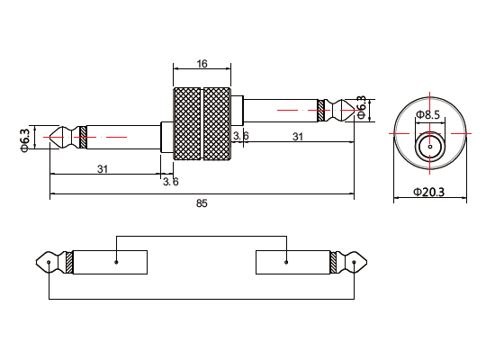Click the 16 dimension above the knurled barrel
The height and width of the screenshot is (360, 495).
202,64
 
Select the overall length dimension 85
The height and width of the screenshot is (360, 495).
202,203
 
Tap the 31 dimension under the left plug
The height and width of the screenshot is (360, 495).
103,169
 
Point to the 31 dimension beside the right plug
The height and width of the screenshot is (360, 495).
297,136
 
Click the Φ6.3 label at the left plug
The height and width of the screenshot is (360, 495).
25,139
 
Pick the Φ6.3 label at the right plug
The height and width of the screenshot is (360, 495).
362,107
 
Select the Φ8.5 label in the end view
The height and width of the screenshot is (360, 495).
428,114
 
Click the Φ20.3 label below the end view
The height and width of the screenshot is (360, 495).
429,192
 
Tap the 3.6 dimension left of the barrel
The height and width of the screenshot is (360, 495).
170,181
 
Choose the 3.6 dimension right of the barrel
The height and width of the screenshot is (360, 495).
240,136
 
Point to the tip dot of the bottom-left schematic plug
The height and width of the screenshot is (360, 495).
48,263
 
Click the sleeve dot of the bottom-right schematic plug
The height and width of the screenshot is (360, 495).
285,263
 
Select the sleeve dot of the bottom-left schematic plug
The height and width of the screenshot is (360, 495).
117,263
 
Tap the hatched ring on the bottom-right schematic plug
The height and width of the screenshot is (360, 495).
335,263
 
